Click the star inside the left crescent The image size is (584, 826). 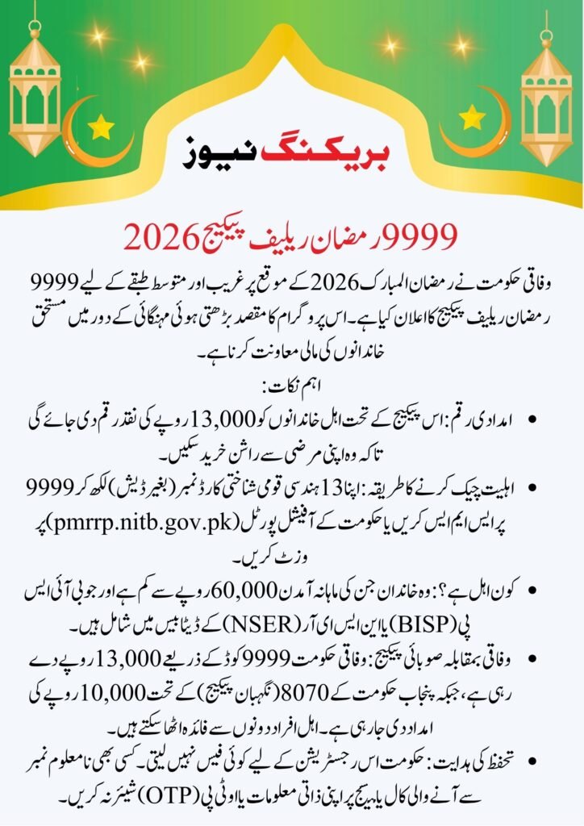click(101, 127)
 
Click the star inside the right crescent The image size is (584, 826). click(472, 119)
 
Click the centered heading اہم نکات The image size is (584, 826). click(292, 387)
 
